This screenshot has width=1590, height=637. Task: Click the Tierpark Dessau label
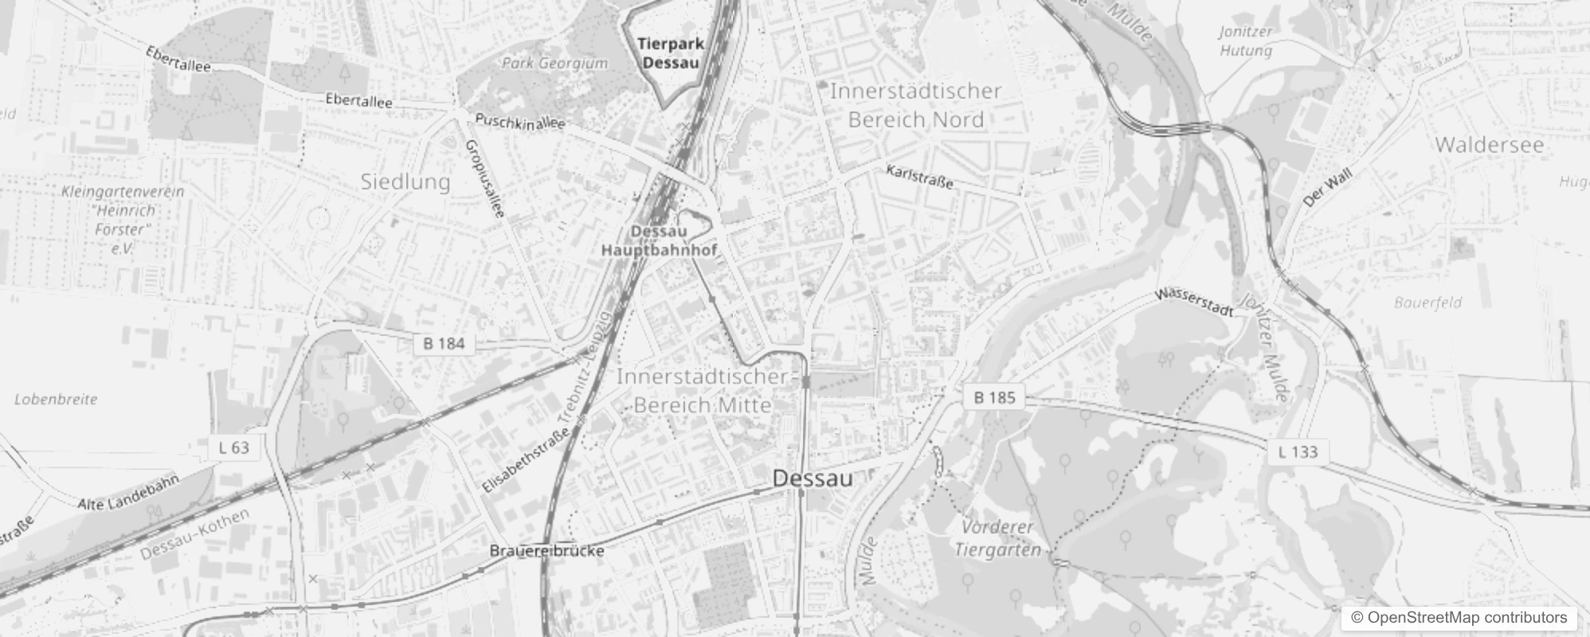[x=671, y=53]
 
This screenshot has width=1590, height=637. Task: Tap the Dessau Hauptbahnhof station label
[x=659, y=240]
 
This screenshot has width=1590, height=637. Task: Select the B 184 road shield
[x=444, y=343]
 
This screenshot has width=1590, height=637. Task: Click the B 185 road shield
[x=994, y=397]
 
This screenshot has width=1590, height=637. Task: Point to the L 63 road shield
[x=233, y=447]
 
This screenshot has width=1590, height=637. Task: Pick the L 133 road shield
[x=1298, y=451]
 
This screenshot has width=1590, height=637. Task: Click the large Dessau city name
[x=813, y=478]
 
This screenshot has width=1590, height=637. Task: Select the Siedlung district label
[x=405, y=182]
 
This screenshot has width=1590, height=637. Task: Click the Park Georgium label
[x=554, y=63]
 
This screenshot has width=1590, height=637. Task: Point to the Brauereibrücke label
[x=546, y=551]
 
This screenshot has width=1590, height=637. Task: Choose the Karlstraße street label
[x=919, y=177]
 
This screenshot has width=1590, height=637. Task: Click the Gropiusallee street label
[x=484, y=178]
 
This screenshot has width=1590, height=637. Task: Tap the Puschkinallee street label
[x=519, y=122]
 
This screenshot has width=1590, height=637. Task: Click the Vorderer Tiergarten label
[x=997, y=538]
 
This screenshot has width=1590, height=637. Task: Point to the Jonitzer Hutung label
[x=1246, y=41]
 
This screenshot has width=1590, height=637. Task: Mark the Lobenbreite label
[x=56, y=399]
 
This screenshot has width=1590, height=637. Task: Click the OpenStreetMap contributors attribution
[x=1458, y=618]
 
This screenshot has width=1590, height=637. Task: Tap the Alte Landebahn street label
[x=128, y=494]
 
